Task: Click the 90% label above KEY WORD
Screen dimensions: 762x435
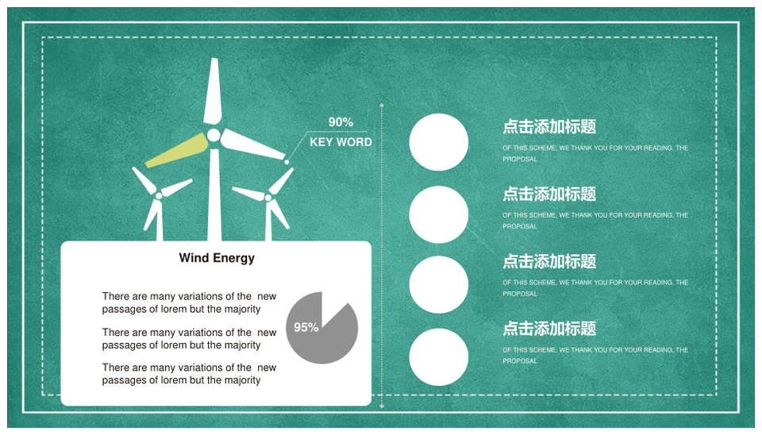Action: click(341, 122)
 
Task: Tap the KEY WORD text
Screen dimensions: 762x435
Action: click(341, 142)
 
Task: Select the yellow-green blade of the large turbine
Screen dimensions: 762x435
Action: click(177, 150)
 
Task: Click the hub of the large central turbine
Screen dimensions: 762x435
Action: click(214, 135)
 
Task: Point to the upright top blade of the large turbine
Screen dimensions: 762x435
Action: click(213, 92)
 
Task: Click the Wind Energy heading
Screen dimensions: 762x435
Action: click(217, 258)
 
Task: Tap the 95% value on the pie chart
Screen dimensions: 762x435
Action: click(306, 328)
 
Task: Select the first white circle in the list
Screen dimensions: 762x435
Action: click(439, 142)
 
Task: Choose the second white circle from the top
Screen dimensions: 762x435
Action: click(439, 214)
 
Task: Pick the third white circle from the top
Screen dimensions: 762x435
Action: click(439, 285)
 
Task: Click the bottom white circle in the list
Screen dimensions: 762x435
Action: click(439, 356)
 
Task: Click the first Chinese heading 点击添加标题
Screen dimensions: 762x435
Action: click(549, 127)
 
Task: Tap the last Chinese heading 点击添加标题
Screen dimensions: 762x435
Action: click(549, 329)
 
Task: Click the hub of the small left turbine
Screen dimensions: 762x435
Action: click(159, 196)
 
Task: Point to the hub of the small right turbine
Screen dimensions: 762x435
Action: click(268, 198)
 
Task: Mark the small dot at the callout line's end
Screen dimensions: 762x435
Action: click(287, 162)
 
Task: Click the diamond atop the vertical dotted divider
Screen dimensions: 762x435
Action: click(382, 105)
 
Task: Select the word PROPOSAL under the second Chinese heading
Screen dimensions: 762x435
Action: click(520, 226)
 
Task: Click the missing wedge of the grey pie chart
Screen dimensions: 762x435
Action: click(334, 306)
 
